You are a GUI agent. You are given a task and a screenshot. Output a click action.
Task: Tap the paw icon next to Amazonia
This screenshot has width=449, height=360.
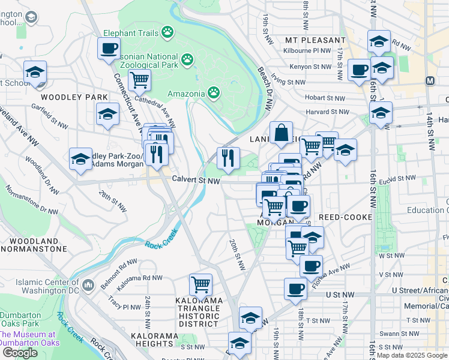214,92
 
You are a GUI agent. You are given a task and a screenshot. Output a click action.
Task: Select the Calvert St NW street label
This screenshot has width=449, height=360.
196,179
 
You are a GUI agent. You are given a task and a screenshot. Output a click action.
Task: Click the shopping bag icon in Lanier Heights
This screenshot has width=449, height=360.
281,133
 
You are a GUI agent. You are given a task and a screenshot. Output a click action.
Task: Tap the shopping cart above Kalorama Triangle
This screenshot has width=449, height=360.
200,284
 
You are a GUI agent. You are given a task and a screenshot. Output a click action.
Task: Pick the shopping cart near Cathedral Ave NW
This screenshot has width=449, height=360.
139,79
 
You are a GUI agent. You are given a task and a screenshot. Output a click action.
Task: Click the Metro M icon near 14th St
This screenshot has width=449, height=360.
430,80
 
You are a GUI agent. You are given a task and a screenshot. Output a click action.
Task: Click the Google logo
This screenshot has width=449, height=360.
20,353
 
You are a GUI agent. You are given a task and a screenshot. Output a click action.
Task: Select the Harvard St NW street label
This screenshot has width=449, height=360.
327,112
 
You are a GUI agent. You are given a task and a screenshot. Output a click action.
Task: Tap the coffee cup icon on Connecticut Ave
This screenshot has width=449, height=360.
109,48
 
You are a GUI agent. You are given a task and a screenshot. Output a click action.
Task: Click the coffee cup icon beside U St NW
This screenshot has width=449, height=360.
295,289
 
